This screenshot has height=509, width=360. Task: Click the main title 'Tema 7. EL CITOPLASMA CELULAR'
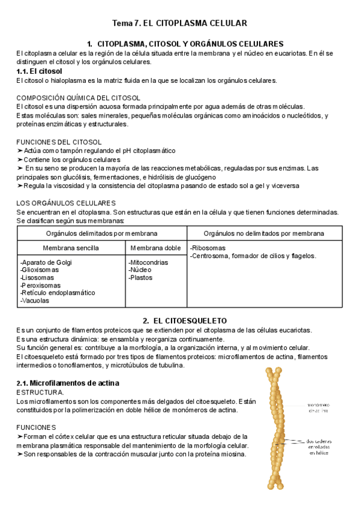click(180, 23)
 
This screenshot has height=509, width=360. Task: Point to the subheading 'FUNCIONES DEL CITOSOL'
click(59, 142)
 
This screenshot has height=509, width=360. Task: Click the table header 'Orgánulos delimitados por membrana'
click(102, 233)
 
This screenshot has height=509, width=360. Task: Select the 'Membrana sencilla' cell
click(71, 247)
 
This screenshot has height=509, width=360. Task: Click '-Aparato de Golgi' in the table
click(46, 262)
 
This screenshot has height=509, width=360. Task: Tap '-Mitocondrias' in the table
click(148, 262)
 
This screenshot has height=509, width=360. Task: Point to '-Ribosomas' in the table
click(208, 247)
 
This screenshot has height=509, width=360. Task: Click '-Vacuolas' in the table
click(35, 301)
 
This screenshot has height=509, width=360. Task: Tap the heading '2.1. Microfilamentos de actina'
click(68, 382)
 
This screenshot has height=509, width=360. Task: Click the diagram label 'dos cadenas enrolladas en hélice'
click(323, 448)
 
